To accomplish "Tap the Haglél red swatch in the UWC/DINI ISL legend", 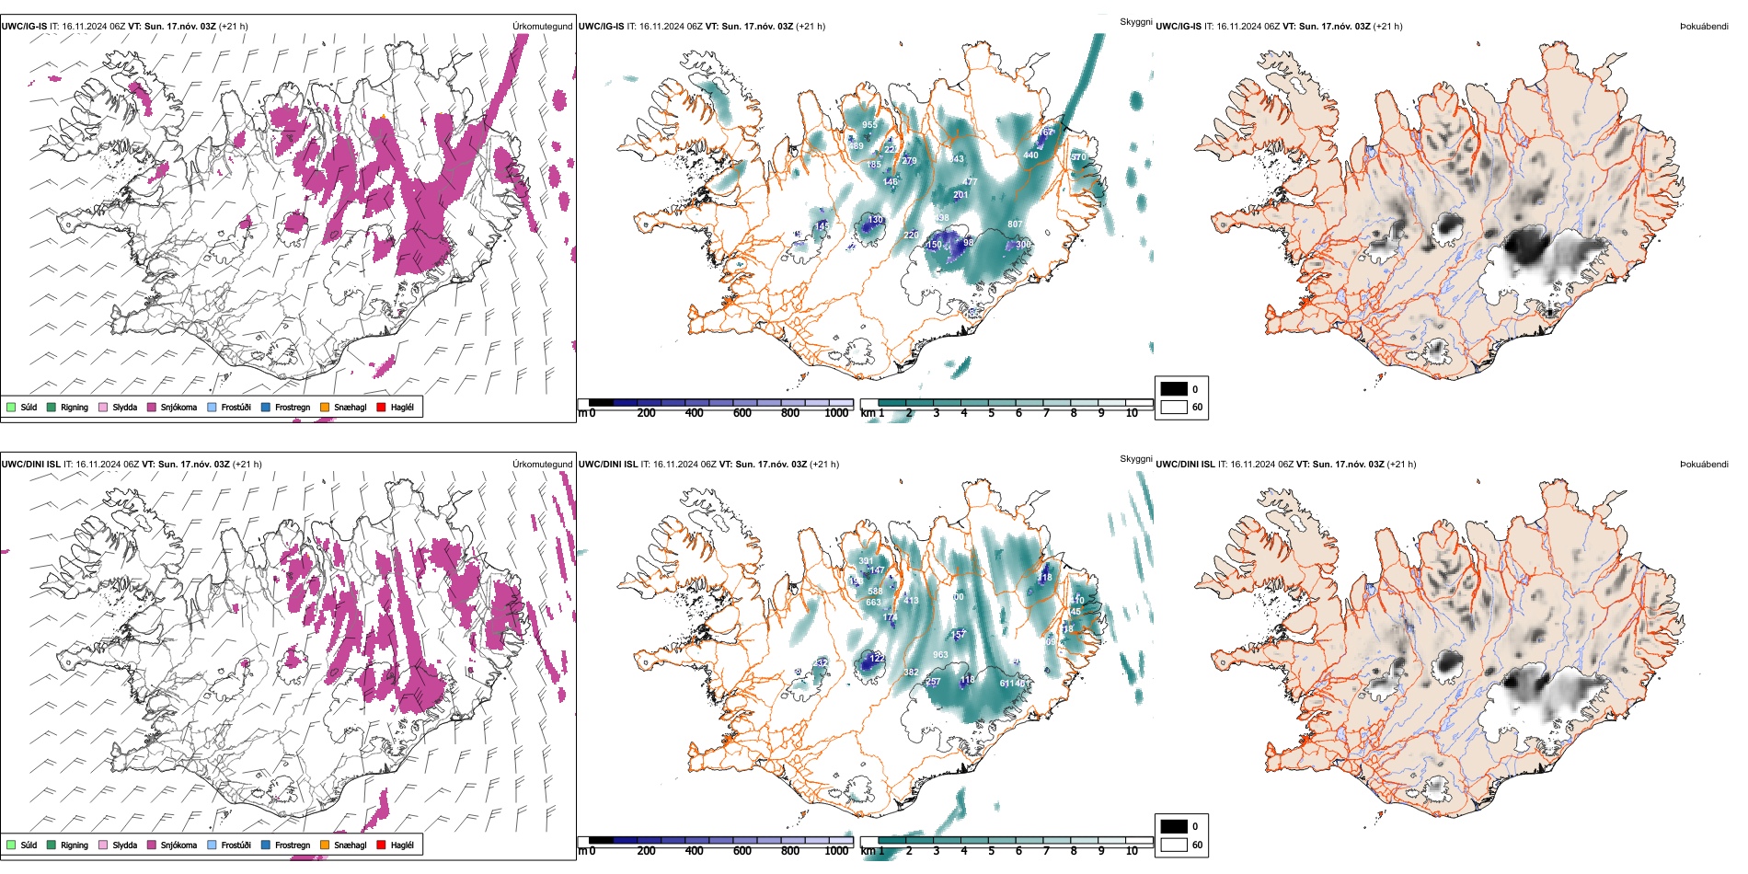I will coord(382,845).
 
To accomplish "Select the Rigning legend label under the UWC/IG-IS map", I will coord(75,407).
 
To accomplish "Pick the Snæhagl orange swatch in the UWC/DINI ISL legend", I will coord(325,845).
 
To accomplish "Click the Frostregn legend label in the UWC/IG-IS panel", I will coord(292,407).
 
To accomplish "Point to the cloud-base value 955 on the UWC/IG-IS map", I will coord(869,125).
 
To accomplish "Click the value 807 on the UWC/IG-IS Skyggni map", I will coord(1015,224).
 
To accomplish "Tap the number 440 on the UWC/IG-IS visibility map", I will coord(1030,155).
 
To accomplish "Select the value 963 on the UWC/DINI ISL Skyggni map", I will coord(940,655).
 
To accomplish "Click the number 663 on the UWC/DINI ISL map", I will coord(873,603).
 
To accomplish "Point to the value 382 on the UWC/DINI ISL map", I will coord(911,673).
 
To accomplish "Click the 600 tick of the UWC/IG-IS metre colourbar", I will coord(742,413).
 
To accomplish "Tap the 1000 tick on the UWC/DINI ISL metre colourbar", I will coord(836,851).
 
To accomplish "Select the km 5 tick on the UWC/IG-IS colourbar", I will coord(991,413).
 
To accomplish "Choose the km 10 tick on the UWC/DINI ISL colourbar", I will coord(1132,851).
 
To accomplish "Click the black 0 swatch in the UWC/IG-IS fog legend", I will coord(1174,389).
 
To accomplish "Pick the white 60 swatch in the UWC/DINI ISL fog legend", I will coord(1174,845).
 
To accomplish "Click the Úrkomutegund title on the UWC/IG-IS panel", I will coord(542,27).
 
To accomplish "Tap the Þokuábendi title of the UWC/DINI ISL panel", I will coord(1704,465).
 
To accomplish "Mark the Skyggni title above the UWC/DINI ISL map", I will coord(1135,459).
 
